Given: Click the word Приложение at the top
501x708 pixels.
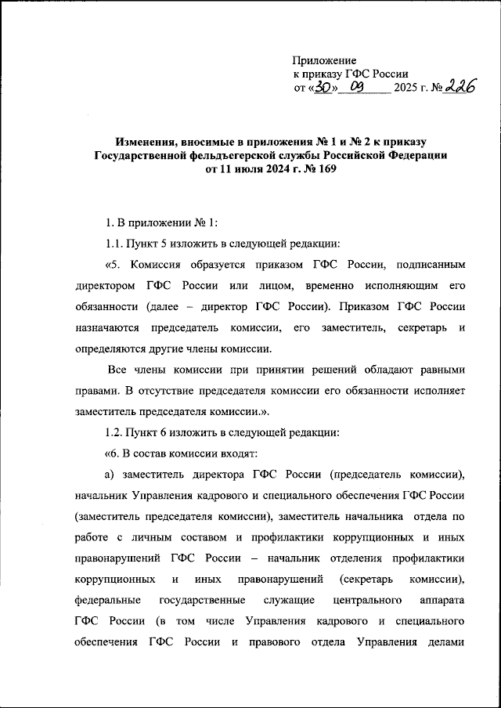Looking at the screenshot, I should (x=324, y=60).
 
